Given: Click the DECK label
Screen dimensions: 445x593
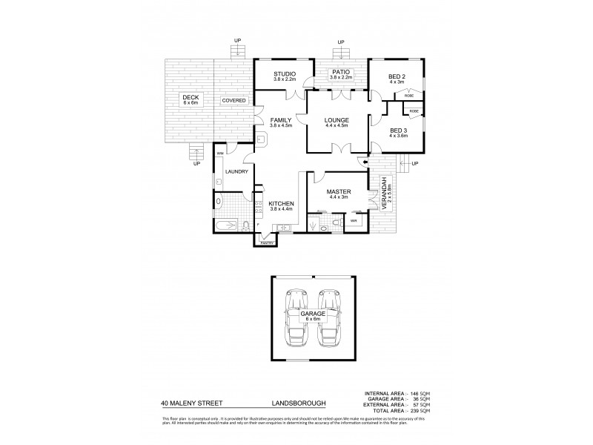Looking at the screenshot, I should coord(191,97).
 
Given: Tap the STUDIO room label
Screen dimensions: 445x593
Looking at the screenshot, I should coord(284,73).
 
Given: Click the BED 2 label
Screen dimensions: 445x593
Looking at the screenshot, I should coord(397,76).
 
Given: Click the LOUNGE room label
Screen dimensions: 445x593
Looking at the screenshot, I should coord(337,120).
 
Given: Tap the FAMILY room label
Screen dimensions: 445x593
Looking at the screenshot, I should coord(281,119).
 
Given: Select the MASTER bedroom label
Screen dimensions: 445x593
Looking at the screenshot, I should coord(339,191).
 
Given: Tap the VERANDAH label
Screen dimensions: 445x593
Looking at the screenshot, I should coord(385,194).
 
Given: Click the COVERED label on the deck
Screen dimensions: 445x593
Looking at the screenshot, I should coord(233,100).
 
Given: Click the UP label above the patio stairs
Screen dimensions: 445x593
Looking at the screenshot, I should coord(341,42).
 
